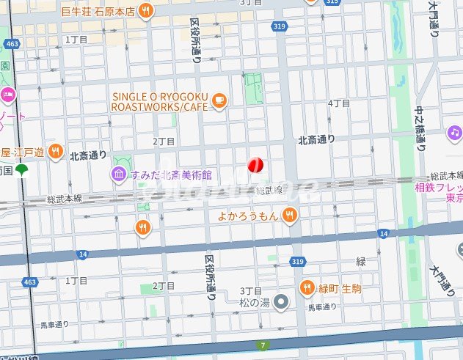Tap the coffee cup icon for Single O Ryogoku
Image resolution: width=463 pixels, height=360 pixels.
coord(219,100)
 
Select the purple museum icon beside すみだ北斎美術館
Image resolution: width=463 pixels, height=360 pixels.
coord(118,174)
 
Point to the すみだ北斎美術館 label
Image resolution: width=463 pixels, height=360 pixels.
coord(171,175)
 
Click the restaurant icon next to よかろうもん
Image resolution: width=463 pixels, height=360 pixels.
coord(291,215)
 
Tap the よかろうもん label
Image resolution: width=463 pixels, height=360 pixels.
coord(249,216)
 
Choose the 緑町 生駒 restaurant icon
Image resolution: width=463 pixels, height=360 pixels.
coord(307,287)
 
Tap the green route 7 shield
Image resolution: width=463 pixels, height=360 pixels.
coord(263,345)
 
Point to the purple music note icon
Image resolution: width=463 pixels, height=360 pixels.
coord(454,133)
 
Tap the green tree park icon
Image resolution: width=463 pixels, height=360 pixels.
coord(21,169)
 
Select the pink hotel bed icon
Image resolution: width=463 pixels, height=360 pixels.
coord(7,94)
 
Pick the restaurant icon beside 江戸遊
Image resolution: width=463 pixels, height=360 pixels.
coord(55,152)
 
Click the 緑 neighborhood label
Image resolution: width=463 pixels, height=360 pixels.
coord(360,261)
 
